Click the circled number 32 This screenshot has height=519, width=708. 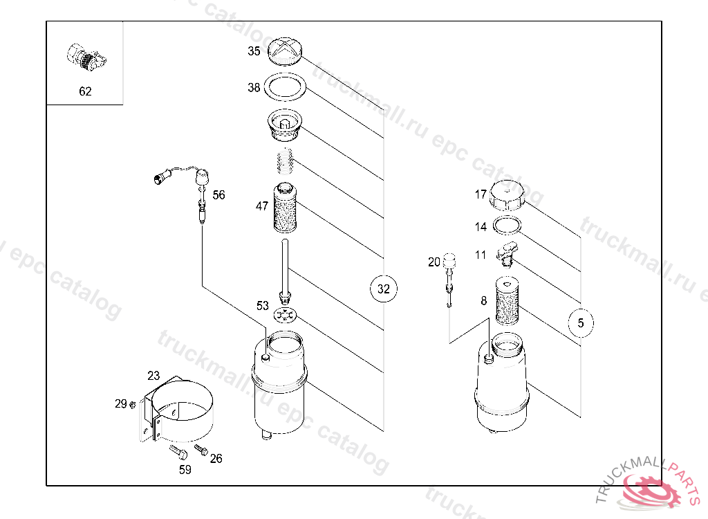pos(383,289)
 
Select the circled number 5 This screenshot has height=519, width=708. pos(581,322)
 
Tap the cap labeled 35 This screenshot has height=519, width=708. pos(285,51)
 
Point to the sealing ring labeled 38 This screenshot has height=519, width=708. pos(285,86)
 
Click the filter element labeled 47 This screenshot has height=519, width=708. pos(286,208)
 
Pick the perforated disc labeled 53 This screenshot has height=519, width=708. pos(285,315)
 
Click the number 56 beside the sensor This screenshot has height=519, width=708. pos(218,195)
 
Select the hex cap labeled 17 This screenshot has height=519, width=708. pos(507,195)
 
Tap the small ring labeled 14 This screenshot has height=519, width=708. pos(507,225)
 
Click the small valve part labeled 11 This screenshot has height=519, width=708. pos(507,254)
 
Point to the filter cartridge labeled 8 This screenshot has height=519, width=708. pos(507,300)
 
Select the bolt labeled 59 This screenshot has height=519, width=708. pos(178,452)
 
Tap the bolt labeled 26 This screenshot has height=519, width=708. pos(201,449)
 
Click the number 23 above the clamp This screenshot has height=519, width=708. pos(153,376)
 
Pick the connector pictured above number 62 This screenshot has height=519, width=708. pos(86,57)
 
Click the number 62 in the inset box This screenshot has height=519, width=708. pos(85,91)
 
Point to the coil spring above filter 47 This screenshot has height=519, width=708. pos(285,161)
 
